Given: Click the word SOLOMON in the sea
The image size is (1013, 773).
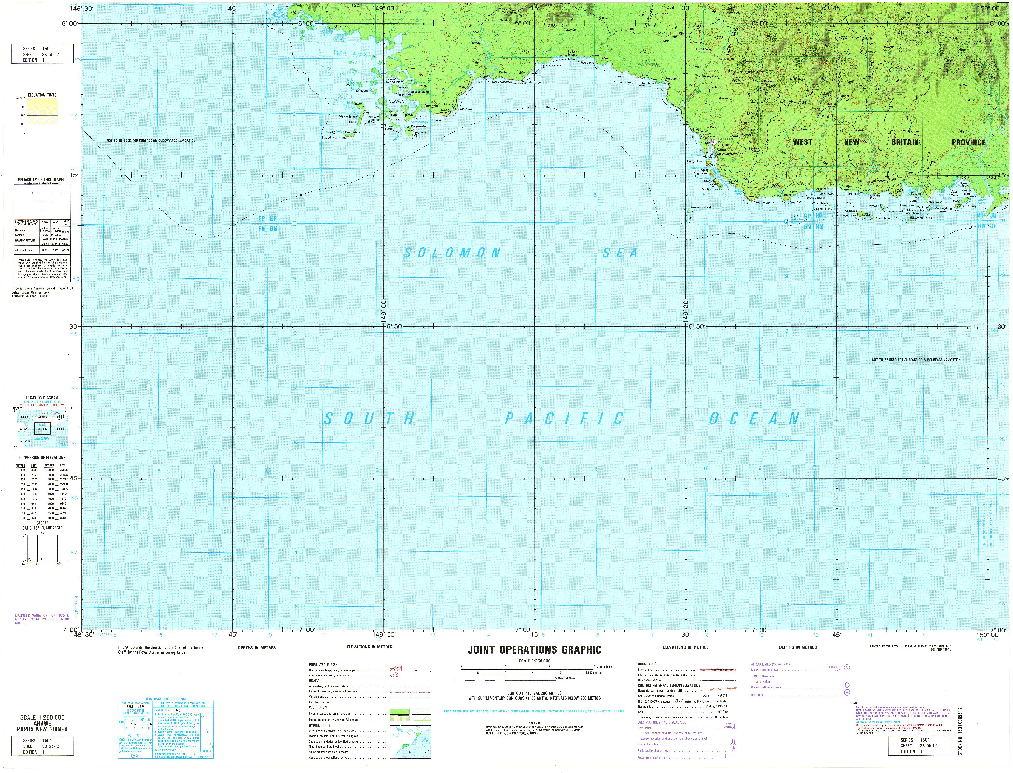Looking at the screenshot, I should coord(452,253).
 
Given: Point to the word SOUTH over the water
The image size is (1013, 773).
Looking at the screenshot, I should coord(369,419).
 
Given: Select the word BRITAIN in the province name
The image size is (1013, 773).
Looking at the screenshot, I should coord(904,142).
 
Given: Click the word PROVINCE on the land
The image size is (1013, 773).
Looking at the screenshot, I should coord(968,142).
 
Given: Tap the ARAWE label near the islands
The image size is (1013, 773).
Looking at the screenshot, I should coord(362,91).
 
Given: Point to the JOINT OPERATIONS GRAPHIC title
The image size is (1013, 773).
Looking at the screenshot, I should coord(534,650).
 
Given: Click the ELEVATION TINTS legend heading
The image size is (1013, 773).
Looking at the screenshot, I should coord(42,95).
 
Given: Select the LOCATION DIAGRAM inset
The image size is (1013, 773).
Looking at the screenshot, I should coord(42,425).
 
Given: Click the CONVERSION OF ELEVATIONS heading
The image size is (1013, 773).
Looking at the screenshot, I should coord(42,457).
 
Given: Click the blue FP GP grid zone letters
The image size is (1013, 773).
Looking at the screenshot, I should coord(267,218).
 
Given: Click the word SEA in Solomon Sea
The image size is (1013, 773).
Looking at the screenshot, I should coord(620,253).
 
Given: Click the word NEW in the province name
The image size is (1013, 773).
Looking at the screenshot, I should coord(851,142).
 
